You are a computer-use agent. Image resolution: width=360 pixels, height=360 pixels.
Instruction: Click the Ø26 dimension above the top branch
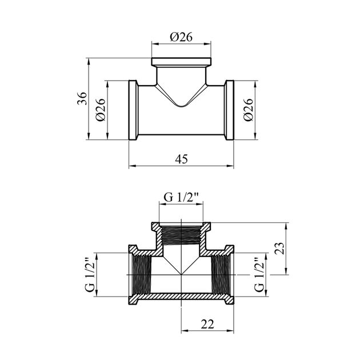[181, 37]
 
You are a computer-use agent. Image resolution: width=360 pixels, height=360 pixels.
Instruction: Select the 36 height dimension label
[82, 98]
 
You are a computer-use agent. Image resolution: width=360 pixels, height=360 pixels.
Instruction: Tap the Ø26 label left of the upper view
[101, 110]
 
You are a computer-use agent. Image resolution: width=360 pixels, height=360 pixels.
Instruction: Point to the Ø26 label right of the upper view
[248, 110]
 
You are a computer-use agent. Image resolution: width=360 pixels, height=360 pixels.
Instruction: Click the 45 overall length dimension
[181, 159]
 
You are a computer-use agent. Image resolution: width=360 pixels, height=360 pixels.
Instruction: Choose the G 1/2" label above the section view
[181, 197]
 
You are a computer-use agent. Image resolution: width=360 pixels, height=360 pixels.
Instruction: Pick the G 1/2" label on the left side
[90, 275]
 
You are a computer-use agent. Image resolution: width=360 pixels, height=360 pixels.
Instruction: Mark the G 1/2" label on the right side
[259, 275]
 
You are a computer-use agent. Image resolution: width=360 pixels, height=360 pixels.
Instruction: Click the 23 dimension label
[280, 248]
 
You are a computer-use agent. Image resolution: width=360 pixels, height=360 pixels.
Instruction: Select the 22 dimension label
[207, 324]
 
